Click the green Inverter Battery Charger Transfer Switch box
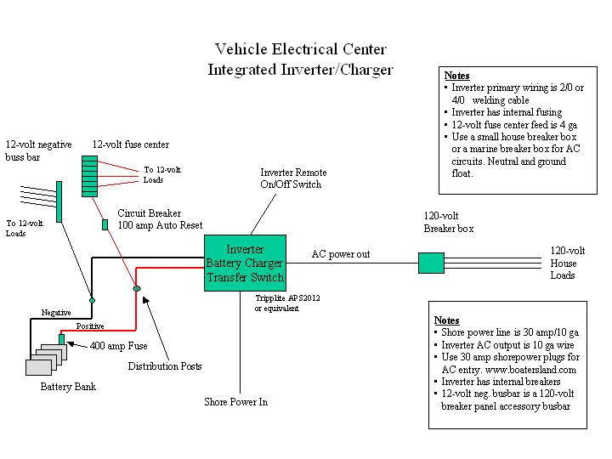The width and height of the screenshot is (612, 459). tap(245, 263)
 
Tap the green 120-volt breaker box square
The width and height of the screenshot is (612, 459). tap(431, 263)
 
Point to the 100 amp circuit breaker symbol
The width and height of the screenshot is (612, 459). tap(105, 225)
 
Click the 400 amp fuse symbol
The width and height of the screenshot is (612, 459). tap(62, 339)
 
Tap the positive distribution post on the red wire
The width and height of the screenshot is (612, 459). tap(135, 290)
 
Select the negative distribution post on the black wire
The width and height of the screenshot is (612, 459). tap(92, 299)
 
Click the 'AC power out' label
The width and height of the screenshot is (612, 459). tap(341, 254)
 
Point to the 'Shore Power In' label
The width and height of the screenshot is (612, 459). tap(235, 402)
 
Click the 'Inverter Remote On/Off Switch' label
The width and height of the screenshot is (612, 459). tap(293, 178)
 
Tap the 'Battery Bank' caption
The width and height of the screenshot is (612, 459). tap(68, 387)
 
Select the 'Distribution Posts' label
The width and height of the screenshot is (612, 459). tap(165, 366)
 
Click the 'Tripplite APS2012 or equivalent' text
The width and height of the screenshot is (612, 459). tap(288, 303)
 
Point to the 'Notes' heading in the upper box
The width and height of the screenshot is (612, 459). tap(457, 76)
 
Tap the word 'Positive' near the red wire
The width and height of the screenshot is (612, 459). tap(90, 326)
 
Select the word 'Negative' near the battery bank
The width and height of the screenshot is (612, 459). tap(57, 313)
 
